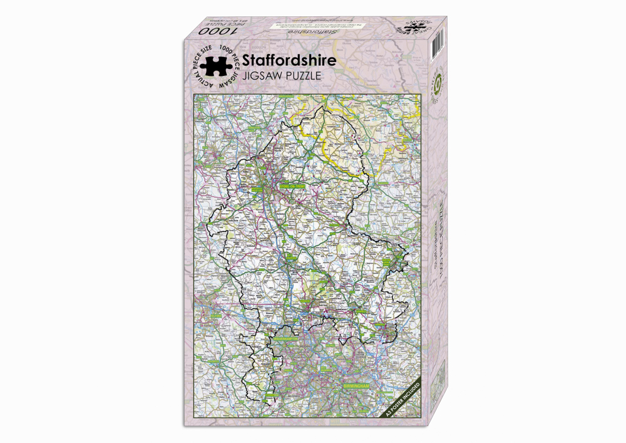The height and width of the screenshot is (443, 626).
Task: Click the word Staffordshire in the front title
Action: [289, 60]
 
